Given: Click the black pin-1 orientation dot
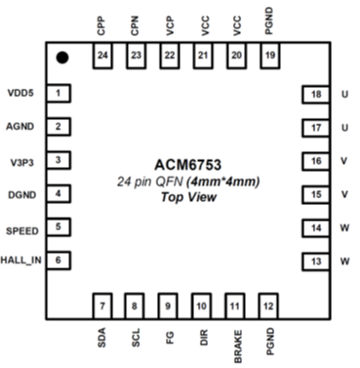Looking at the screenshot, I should (x=62, y=59).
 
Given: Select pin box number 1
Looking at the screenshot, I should (x=60, y=94).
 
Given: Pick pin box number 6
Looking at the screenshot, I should (x=60, y=260).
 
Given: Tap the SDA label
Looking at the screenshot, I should (x=103, y=340).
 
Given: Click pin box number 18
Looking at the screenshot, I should (x=314, y=94).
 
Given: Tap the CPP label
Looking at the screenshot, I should (x=103, y=26).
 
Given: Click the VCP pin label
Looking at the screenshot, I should (x=170, y=26).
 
